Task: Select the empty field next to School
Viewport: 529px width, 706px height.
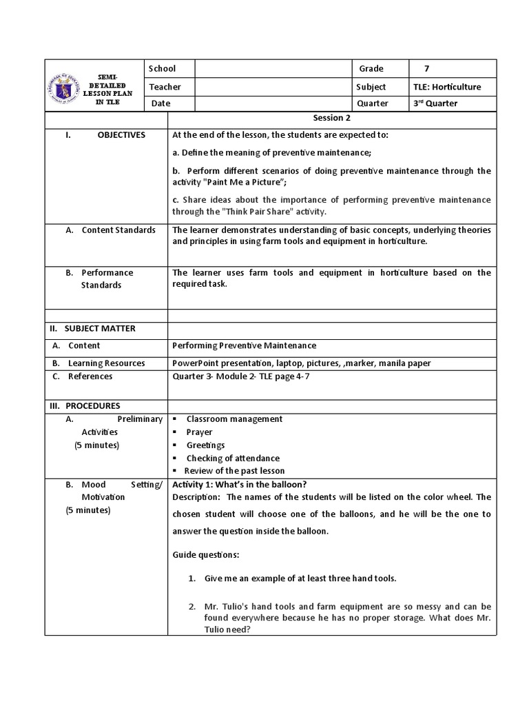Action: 273,69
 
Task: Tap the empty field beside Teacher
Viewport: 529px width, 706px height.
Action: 273,87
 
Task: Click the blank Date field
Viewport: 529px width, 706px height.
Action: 273,103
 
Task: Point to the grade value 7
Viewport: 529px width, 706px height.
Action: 426,69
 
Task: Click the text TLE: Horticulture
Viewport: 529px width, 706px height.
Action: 447,87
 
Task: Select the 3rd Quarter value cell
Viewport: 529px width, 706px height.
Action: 435,103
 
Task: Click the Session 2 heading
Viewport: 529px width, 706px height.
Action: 332,119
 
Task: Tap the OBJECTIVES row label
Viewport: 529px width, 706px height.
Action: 121,135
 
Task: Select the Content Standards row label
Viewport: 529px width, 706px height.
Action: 118,230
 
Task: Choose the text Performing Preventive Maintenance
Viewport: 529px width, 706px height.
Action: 245,345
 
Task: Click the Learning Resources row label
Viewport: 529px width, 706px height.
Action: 106,363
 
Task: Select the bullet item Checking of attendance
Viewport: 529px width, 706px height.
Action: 233,458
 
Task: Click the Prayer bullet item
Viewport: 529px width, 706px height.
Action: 200,432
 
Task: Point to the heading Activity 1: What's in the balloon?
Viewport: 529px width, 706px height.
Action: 240,485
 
